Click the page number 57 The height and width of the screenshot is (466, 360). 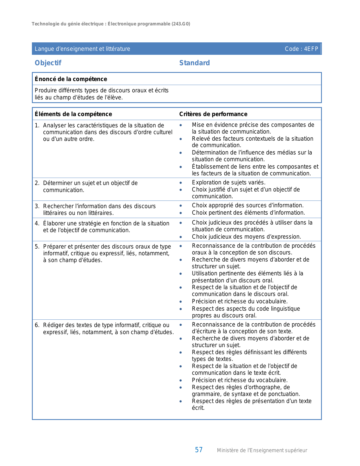[x=198, y=450]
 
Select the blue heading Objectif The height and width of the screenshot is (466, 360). [x=48, y=63]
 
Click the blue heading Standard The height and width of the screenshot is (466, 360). [x=195, y=63]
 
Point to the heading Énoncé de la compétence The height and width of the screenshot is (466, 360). [x=71, y=79]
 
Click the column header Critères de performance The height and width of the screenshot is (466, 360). [x=213, y=114]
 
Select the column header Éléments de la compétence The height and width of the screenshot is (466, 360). [x=73, y=114]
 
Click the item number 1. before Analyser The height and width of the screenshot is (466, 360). [x=37, y=125]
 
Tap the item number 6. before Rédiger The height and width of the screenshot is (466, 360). [x=37, y=325]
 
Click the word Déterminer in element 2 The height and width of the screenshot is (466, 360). [x=57, y=183]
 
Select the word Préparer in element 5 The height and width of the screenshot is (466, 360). [x=54, y=247]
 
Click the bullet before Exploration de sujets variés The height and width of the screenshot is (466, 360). [x=181, y=183]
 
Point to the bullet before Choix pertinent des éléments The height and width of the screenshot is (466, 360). [x=181, y=213]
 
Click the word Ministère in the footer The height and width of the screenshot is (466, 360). [x=228, y=450]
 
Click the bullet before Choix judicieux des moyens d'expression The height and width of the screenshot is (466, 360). [x=181, y=237]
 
